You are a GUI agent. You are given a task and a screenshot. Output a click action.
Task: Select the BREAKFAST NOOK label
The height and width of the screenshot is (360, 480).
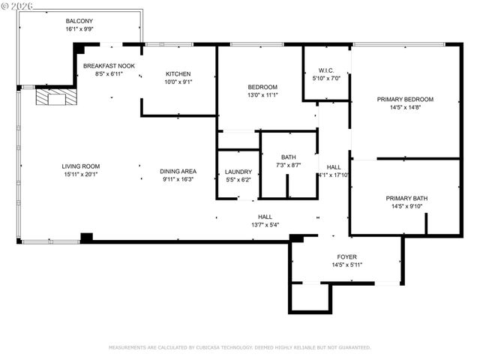pyautogui.click(x=109, y=66)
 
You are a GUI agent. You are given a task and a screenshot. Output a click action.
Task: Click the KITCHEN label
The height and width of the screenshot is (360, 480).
pyautogui.click(x=178, y=74)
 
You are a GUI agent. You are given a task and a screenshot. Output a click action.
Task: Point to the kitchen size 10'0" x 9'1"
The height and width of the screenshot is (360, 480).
pyautogui.click(x=178, y=82)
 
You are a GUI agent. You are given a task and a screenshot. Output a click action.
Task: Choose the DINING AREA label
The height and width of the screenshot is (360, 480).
pyautogui.click(x=178, y=172)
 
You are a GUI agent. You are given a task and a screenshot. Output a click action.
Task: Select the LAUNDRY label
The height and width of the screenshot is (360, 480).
pyautogui.click(x=238, y=172)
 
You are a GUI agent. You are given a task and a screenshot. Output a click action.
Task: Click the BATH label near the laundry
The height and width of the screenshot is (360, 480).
pyautogui.click(x=288, y=157)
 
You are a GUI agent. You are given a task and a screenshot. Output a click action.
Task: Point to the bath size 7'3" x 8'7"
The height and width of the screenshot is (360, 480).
pyautogui.click(x=288, y=165)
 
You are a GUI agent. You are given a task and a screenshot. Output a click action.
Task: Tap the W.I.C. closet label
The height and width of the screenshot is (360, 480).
pyautogui.click(x=325, y=70)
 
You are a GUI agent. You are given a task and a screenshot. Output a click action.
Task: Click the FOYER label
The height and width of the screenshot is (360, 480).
pyautogui.click(x=346, y=256)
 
